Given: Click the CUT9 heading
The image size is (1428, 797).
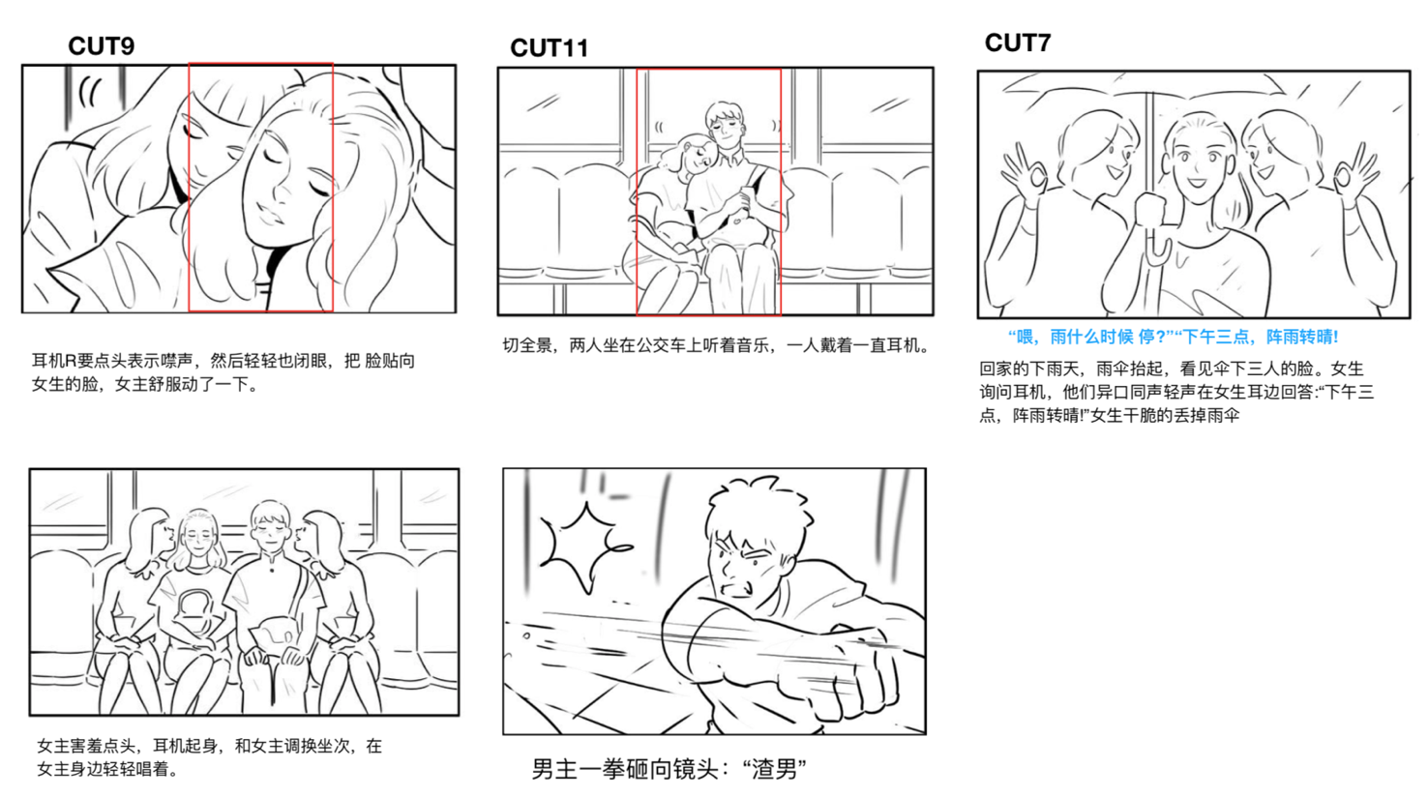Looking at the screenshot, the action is click(x=102, y=45).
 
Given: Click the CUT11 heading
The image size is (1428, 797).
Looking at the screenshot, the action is click(x=549, y=48).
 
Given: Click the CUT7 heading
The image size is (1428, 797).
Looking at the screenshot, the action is click(x=1018, y=43).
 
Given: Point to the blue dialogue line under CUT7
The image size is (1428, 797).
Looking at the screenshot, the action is click(x=1173, y=337).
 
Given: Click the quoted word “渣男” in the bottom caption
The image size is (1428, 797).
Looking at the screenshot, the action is click(x=775, y=769).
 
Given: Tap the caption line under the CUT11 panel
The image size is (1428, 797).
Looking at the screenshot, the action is click(x=716, y=346).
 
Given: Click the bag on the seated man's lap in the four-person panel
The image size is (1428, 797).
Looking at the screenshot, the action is click(x=274, y=631).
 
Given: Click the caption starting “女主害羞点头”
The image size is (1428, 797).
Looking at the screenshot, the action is click(x=209, y=757).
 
